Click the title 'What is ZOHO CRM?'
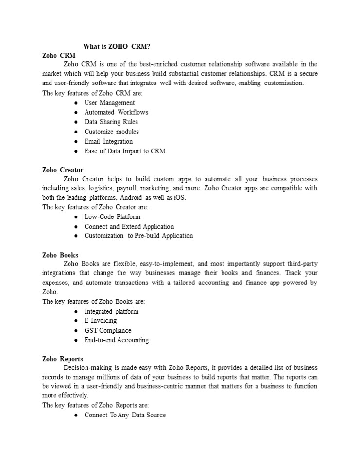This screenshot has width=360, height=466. [117, 46]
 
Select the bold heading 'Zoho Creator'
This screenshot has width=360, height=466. [63, 170]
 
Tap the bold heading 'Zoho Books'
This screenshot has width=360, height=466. [60, 255]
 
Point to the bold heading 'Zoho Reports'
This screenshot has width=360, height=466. [63, 359]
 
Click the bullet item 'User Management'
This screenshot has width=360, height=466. [109, 103]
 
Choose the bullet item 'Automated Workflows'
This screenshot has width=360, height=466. [116, 112]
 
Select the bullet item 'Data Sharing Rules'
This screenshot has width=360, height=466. [111, 122]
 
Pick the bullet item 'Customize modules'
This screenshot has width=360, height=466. [111, 132]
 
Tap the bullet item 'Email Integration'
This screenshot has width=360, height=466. [108, 141]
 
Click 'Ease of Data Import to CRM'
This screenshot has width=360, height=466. [125, 151]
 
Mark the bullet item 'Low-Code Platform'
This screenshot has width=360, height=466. [112, 216]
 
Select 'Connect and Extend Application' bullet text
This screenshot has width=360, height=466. [129, 226]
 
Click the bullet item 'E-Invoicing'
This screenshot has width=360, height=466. [101, 321]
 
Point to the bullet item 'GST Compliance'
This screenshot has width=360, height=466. [107, 331]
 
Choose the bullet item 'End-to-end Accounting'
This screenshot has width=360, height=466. [117, 340]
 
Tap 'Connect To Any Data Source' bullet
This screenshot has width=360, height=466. [125, 415]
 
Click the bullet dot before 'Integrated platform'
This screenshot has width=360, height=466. [77, 312]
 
